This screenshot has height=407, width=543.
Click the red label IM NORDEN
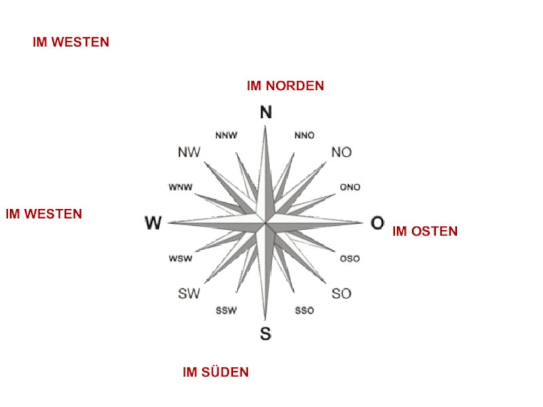(x=285, y=86)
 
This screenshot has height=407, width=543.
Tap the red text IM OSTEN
(x=425, y=231)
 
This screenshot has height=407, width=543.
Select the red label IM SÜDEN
(x=216, y=372)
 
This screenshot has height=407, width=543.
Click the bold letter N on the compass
(x=266, y=113)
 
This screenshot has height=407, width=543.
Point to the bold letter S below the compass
(x=265, y=333)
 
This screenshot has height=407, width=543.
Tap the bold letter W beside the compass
(x=153, y=222)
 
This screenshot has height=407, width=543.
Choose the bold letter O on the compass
(x=377, y=222)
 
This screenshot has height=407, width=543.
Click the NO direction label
(x=341, y=153)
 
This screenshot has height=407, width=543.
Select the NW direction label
(x=189, y=153)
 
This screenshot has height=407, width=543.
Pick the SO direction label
(x=341, y=294)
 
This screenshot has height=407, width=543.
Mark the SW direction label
(x=189, y=294)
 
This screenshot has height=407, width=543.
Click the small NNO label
(x=305, y=135)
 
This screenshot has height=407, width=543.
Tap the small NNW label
(x=226, y=135)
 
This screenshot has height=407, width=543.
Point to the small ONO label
(x=350, y=187)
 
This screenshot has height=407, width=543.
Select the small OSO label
(x=350, y=258)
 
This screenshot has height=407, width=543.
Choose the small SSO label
(x=305, y=311)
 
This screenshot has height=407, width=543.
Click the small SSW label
(x=226, y=311)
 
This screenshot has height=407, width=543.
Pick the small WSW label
(x=181, y=258)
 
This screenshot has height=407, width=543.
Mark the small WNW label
(x=181, y=187)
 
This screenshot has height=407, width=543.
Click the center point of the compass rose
(x=265, y=222)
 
